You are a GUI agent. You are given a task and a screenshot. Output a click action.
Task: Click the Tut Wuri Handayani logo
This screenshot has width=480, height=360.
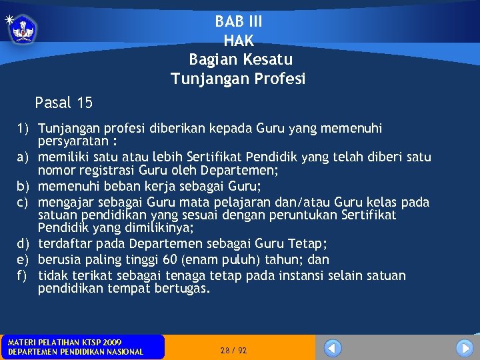pos(23,29)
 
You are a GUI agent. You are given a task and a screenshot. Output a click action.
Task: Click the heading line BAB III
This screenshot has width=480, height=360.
pos(239,21)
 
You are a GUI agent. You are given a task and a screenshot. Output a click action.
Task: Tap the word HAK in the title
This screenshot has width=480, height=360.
pos(239,41)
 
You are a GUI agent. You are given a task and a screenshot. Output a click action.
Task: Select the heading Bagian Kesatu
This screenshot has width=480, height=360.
pos(240,60)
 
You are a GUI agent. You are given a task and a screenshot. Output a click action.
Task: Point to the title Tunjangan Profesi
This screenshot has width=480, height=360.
pos(238,79)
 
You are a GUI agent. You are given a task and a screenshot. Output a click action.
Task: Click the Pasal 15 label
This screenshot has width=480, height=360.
pos(63,103)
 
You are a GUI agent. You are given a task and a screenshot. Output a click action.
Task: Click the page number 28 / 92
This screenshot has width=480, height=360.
pos(233,350)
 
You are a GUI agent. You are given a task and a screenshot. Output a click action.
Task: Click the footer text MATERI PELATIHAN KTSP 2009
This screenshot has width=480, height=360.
pos(65,342)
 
